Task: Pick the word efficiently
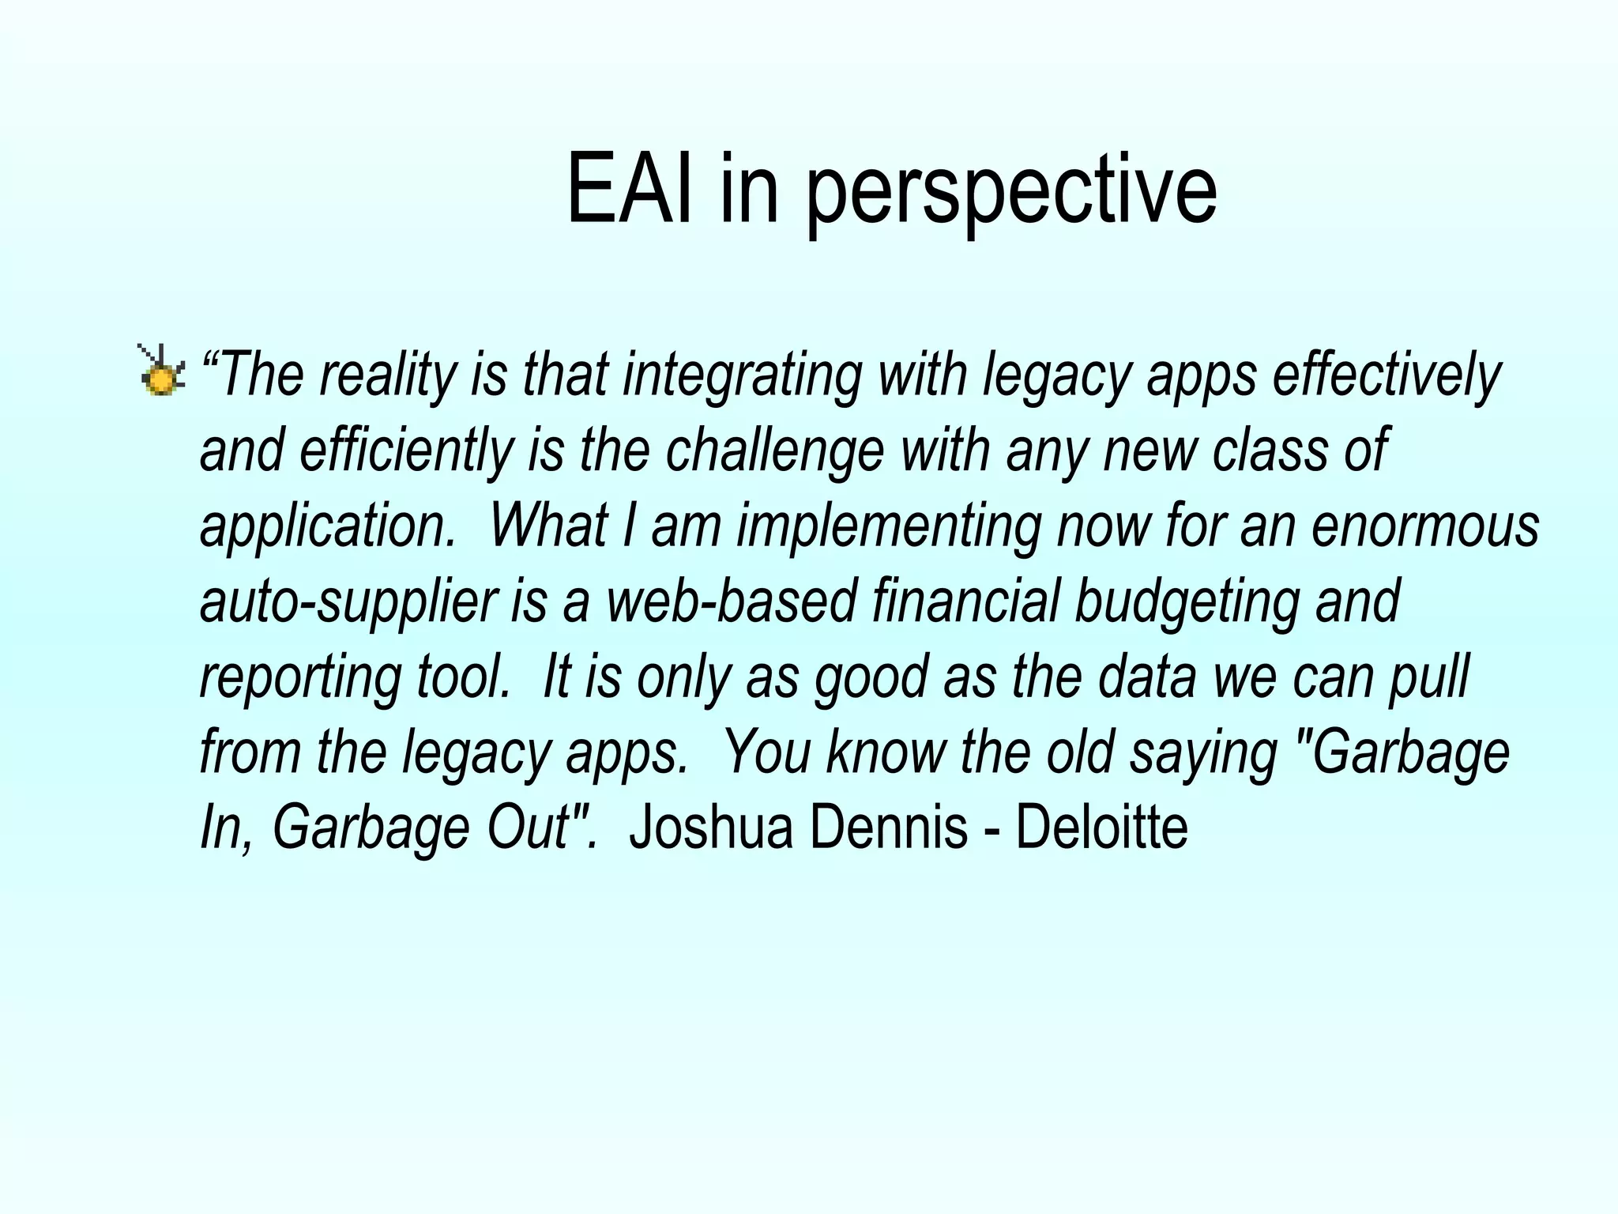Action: [x=407, y=450]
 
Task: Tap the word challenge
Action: [x=774, y=451]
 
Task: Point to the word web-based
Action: [x=731, y=601]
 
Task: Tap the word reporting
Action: [x=301, y=678]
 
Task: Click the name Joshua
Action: [x=710, y=828]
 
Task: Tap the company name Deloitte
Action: [x=1101, y=828]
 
